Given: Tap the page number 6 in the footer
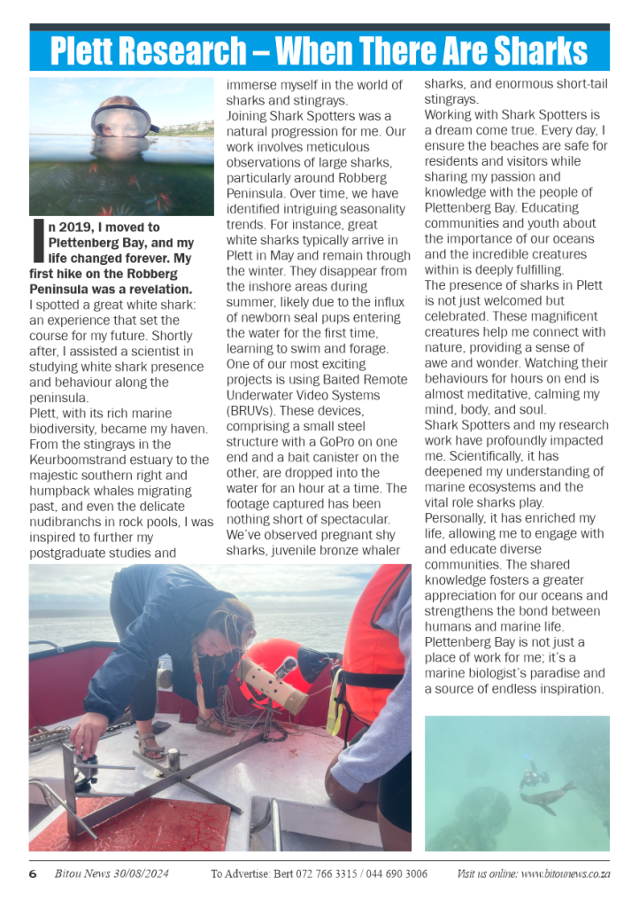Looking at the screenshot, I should coord(33,874).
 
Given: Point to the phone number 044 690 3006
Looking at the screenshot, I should coord(395,874).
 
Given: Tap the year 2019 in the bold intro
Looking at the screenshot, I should coord(74,228).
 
